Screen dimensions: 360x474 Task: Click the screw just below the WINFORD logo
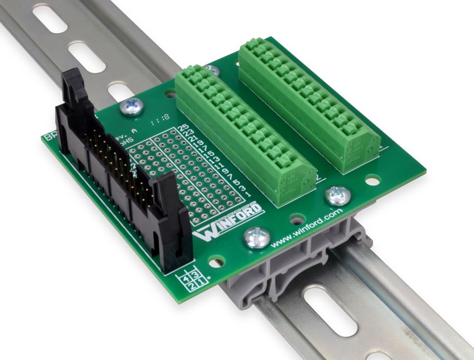pyautogui.click(x=256, y=237)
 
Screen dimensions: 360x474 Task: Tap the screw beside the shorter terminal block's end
pyautogui.click(x=337, y=195)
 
